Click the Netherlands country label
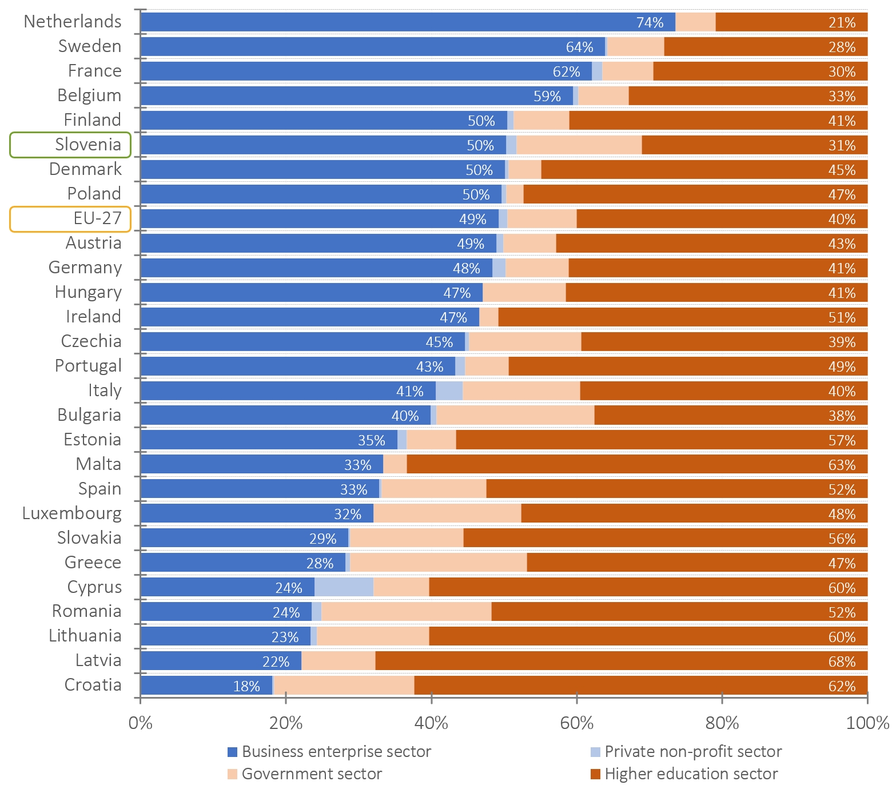click(x=73, y=22)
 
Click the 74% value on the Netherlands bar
click(x=650, y=23)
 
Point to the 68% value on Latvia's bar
click(x=842, y=662)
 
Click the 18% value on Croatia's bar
click(x=246, y=686)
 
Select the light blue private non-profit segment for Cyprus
click(x=344, y=587)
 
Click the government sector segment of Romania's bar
click(x=406, y=612)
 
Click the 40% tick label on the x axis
click(x=431, y=723)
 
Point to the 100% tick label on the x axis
click(x=867, y=723)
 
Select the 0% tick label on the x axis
click(x=141, y=723)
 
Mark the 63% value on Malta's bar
click(x=842, y=465)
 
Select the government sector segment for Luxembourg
click(x=447, y=513)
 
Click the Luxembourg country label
click(x=72, y=513)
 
